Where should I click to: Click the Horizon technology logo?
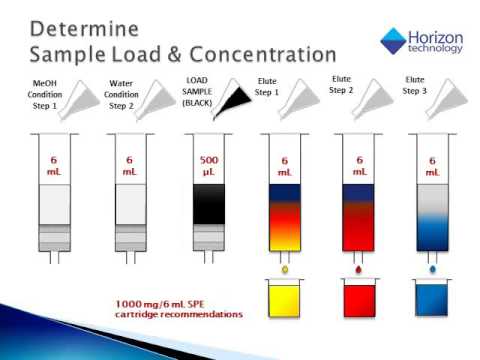click(419, 40)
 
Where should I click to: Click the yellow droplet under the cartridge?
click(286, 269)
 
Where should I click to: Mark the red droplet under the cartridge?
click(358, 269)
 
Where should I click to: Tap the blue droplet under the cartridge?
click(433, 269)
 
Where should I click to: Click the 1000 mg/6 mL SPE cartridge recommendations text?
click(181, 308)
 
